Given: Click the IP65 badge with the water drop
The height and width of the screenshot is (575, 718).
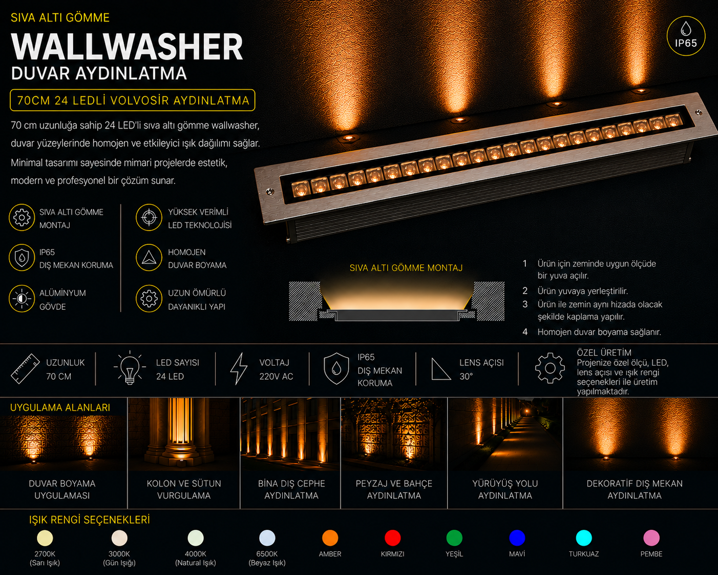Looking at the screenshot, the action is pyautogui.click(x=686, y=36).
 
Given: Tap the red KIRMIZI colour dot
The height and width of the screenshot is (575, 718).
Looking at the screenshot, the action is pyautogui.click(x=392, y=538).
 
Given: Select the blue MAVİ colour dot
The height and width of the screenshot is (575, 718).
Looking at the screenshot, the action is pyautogui.click(x=517, y=538).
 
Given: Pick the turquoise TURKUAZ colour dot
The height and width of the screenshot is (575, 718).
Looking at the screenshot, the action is pyautogui.click(x=583, y=538).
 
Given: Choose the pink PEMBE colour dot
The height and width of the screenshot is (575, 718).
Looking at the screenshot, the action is pyautogui.click(x=651, y=538).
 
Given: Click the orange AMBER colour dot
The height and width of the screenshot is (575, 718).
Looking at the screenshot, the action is pyautogui.click(x=330, y=538).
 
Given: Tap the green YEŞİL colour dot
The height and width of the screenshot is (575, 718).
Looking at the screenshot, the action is pyautogui.click(x=454, y=538).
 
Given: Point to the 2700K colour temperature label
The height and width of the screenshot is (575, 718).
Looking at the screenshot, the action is pyautogui.click(x=45, y=554).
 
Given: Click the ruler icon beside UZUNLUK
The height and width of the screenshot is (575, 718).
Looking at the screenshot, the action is pyautogui.click(x=26, y=368).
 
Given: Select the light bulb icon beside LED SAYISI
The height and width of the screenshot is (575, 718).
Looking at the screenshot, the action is pyautogui.click(x=130, y=367).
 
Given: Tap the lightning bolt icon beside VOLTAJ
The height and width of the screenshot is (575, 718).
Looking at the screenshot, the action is pyautogui.click(x=239, y=368).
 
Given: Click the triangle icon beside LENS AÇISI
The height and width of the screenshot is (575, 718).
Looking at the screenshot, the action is pyautogui.click(x=441, y=369).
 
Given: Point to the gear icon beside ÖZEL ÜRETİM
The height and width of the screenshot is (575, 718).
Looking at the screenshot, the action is pyautogui.click(x=550, y=368).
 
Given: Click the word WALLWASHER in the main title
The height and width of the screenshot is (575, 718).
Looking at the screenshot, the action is pyautogui.click(x=127, y=47).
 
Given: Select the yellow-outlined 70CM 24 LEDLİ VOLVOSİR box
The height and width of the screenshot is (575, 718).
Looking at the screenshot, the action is pyautogui.click(x=133, y=100).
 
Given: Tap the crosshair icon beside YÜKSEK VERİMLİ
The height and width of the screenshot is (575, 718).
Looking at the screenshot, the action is pyautogui.click(x=149, y=218).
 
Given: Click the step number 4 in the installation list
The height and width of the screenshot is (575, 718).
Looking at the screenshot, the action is pyautogui.click(x=525, y=332).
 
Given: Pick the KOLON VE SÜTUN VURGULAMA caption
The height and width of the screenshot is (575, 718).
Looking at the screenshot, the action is pyautogui.click(x=184, y=489).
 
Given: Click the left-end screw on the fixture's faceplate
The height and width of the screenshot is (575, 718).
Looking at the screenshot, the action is pyautogui.click(x=269, y=192).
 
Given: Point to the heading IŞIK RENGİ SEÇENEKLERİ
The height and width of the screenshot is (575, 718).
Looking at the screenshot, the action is pyautogui.click(x=90, y=520).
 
